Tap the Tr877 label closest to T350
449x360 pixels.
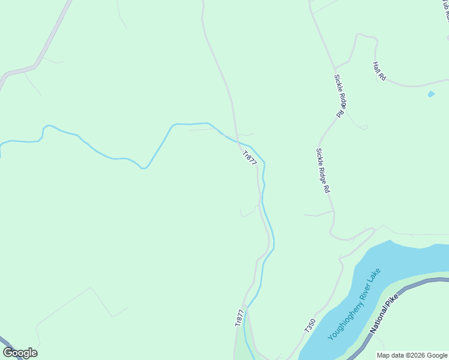tap(240, 318)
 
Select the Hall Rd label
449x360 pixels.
tap(379, 71)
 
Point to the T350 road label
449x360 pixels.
tap(310, 326)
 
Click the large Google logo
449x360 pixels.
tap(20, 353)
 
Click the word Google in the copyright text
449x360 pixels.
tap(437, 355)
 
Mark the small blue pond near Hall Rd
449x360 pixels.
tap(430, 94)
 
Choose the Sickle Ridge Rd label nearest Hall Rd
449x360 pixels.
tap(340, 95)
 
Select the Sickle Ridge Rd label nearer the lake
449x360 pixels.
tap(323, 170)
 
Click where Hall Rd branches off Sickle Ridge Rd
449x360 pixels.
tap(335, 67)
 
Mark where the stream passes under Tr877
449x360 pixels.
tap(240, 143)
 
